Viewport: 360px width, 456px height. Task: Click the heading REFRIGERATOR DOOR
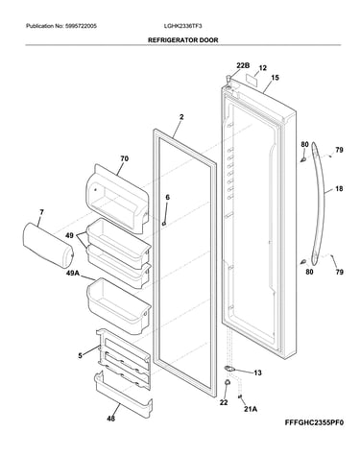[182, 40]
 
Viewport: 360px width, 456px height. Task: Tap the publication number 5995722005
[81, 26]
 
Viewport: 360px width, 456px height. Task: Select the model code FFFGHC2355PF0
[314, 422]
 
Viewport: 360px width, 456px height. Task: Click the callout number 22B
[243, 65]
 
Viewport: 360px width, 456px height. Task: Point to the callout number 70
[124, 158]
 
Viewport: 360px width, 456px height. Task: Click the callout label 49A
[73, 273]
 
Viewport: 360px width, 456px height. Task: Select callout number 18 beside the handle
[339, 189]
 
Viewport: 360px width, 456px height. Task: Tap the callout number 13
[257, 372]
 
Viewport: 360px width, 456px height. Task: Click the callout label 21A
[251, 409]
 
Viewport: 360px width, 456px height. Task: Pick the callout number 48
[110, 418]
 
